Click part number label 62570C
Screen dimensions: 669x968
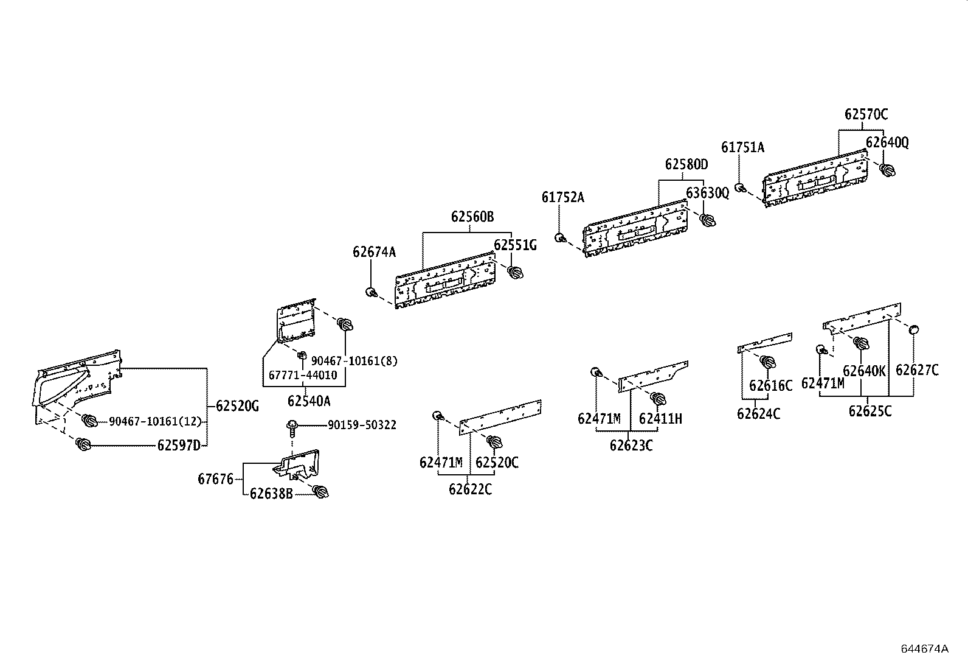(x=865, y=114)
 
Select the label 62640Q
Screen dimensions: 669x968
(x=887, y=142)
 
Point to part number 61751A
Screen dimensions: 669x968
(x=742, y=147)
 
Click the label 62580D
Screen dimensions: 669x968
(x=686, y=164)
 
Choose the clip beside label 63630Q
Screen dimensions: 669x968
(x=707, y=220)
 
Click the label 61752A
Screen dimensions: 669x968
(x=562, y=197)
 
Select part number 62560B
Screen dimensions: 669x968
(x=472, y=216)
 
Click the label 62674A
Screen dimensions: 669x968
(x=374, y=251)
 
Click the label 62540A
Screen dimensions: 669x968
(x=309, y=401)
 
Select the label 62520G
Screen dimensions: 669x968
(x=237, y=405)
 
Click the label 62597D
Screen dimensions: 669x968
(x=179, y=446)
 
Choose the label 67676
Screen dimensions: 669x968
(x=215, y=479)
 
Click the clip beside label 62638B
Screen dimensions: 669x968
(x=319, y=491)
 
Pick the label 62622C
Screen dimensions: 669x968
(x=470, y=489)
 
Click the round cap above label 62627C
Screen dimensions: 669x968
(x=913, y=330)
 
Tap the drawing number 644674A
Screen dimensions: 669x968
(x=924, y=648)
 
